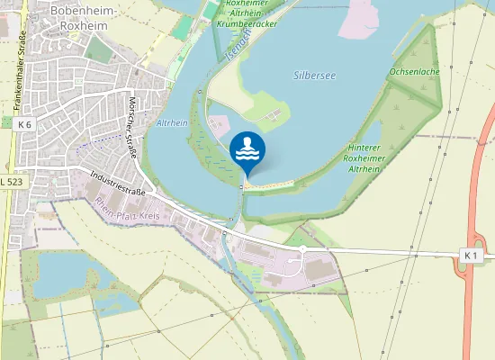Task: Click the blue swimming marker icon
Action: (x=247, y=150)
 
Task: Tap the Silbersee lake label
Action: (x=314, y=76)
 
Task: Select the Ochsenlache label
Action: (x=414, y=71)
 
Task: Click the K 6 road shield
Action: (x=23, y=124)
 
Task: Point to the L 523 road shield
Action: (x=12, y=182)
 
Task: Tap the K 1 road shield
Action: (x=471, y=256)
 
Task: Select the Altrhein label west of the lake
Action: (x=172, y=122)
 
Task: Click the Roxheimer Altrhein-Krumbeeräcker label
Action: (x=247, y=13)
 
